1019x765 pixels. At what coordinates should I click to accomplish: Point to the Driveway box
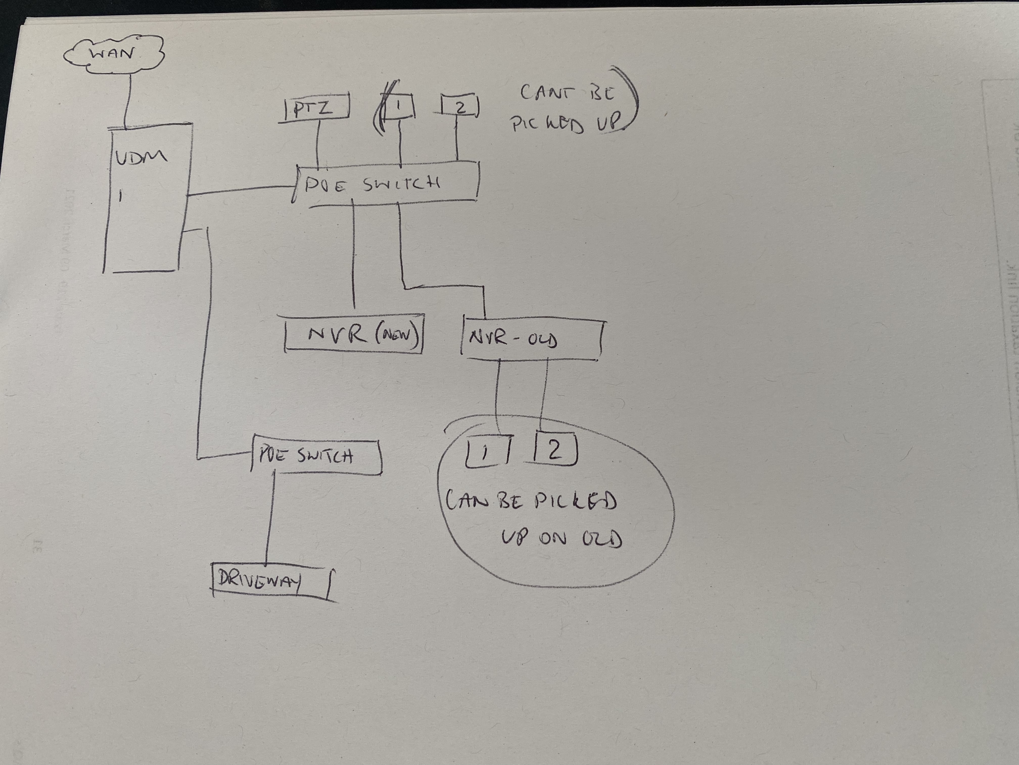point(272,580)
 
